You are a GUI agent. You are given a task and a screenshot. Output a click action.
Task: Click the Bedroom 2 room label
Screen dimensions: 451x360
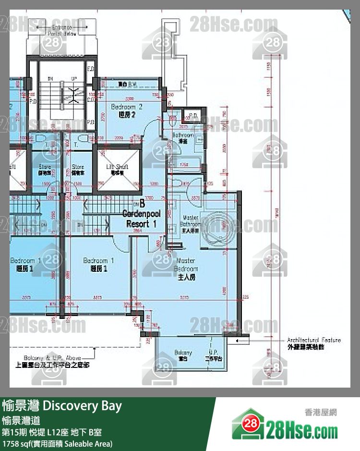point(127,110)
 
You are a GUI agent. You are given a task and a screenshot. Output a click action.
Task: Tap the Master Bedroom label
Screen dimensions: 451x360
point(186,268)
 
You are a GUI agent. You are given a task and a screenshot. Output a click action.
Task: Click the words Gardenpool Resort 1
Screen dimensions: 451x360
point(142,219)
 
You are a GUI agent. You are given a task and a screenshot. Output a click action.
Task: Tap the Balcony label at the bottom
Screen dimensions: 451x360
point(183,355)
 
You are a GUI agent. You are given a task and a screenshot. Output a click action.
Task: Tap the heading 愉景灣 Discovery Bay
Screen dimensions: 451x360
point(62,406)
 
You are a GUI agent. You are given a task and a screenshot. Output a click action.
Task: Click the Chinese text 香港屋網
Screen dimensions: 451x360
point(321,412)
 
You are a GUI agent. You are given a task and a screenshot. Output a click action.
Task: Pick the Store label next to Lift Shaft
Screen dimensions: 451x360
point(78,169)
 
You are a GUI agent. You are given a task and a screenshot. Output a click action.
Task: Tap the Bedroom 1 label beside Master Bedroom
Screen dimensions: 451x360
point(98,264)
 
